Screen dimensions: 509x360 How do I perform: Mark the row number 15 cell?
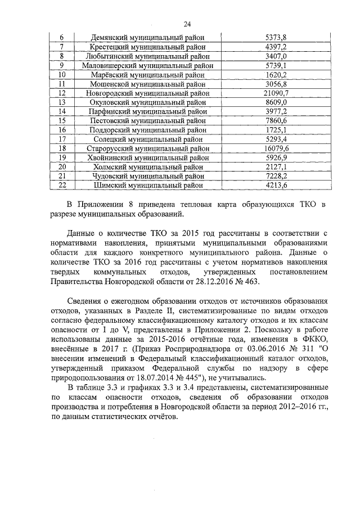[62, 120]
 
